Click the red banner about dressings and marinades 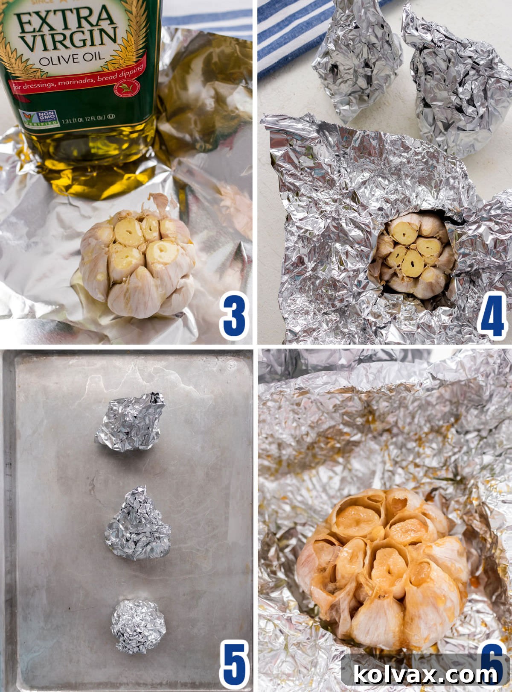point(77,79)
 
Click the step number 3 point(234,317)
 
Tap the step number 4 point(493,317)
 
